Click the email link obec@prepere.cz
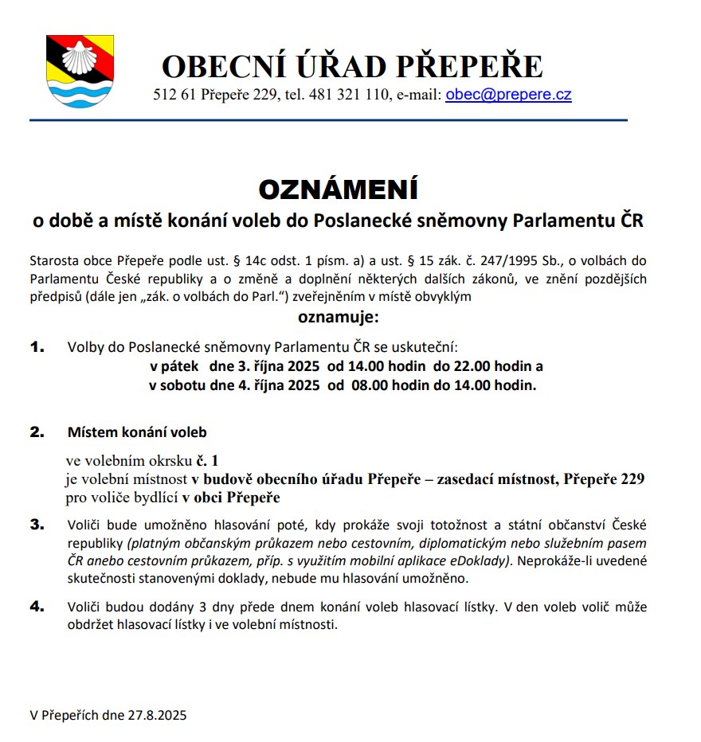tap(508, 95)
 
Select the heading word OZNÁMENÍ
tap(339, 190)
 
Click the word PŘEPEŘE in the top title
tap(476, 66)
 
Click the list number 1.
tap(37, 348)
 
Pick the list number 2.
tap(37, 432)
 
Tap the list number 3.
tap(37, 525)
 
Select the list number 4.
tap(37, 607)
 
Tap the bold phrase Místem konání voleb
tap(137, 433)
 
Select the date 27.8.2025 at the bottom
tap(156, 715)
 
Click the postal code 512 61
tap(174, 96)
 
